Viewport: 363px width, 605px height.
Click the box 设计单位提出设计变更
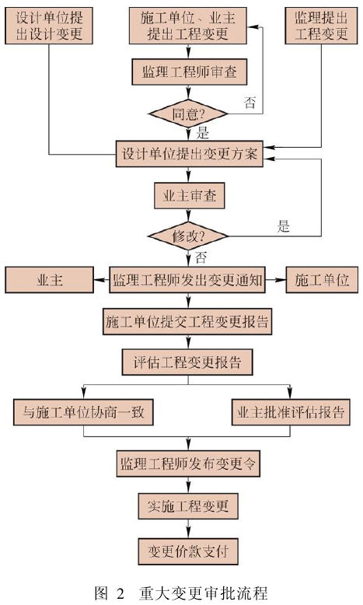tap(49, 26)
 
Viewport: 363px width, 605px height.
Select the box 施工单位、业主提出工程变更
tap(188, 26)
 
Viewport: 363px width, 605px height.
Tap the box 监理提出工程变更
tap(321, 26)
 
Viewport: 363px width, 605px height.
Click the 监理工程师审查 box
tap(190, 72)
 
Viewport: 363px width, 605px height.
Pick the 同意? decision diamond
tap(188, 114)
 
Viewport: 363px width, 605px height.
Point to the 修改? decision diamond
tap(188, 236)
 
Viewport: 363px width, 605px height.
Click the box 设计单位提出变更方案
tap(190, 154)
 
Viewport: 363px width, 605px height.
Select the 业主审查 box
tap(190, 196)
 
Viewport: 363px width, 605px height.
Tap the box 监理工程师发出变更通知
tap(187, 280)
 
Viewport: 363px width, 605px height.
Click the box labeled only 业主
tap(50, 280)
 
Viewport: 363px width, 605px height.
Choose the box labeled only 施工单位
tap(322, 280)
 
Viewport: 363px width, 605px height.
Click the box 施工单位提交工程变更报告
tap(187, 321)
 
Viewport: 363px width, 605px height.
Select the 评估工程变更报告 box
tap(187, 362)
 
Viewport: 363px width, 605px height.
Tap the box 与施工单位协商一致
tap(83, 412)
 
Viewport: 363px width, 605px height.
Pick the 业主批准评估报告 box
tap(291, 412)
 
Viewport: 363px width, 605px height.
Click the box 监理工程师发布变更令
tap(188, 463)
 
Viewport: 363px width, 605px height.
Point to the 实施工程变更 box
tap(188, 505)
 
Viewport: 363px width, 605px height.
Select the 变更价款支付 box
tap(188, 551)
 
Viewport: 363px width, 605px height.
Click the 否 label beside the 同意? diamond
tap(250, 102)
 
